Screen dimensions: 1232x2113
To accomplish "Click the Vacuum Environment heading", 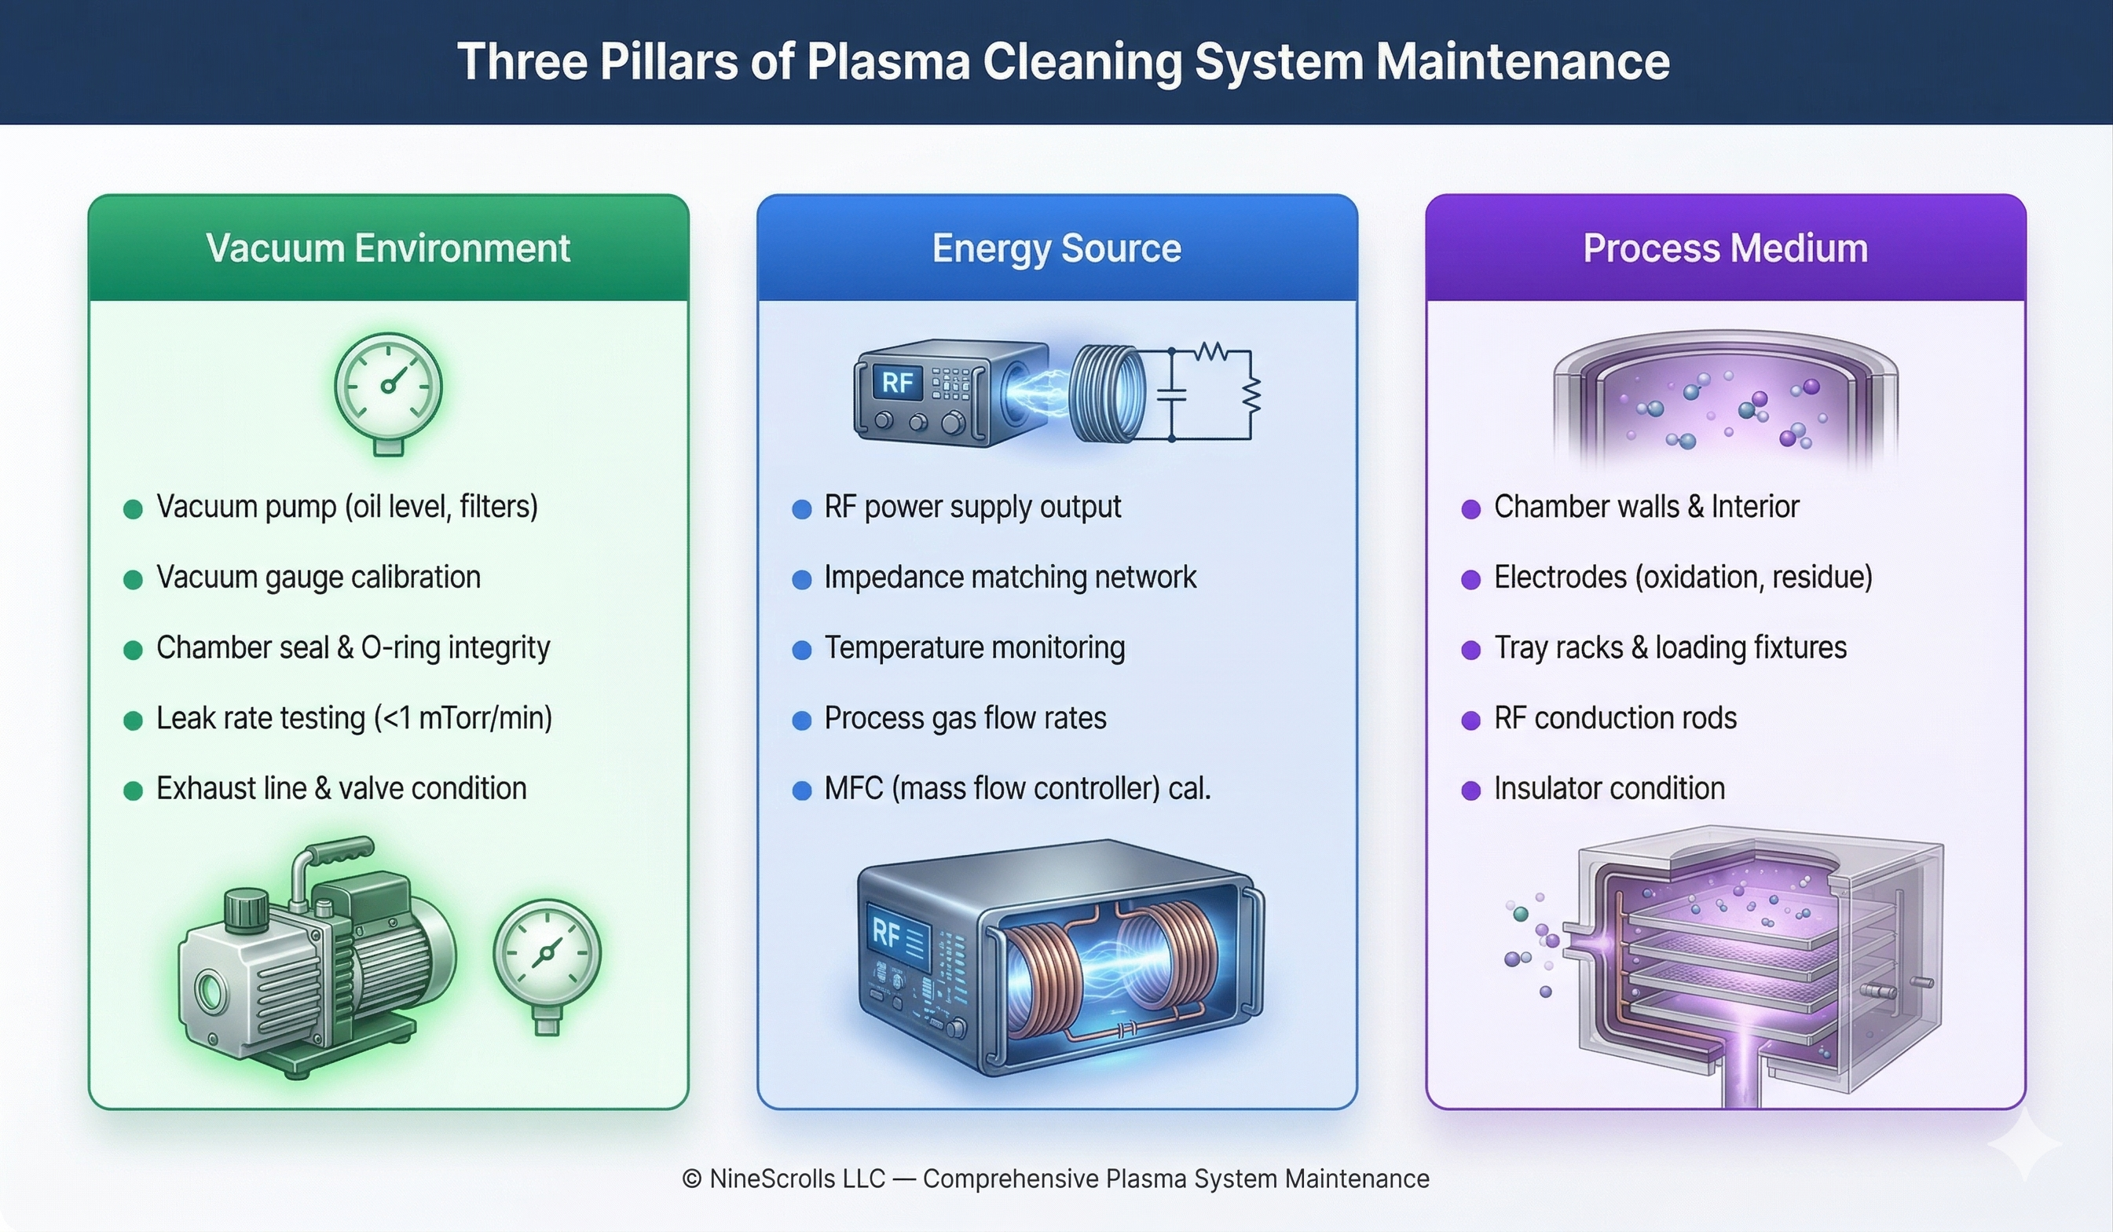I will point(387,248).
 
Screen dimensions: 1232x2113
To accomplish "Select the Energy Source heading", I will point(1056,248).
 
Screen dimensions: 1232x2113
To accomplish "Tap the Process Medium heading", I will point(1725,248).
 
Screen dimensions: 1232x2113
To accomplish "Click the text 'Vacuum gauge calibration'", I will point(318,577).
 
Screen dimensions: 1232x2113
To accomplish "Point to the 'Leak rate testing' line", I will point(353,718).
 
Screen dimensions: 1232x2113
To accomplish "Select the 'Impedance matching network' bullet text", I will point(1009,577).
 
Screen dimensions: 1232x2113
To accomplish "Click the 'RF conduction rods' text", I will point(1615,718).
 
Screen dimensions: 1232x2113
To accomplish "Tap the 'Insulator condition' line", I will point(1609,788).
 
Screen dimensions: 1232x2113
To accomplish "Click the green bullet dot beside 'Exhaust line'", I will point(133,791).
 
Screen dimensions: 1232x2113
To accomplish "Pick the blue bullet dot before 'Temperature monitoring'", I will point(801,650).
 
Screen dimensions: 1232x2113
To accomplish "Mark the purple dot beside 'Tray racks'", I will point(1470,650).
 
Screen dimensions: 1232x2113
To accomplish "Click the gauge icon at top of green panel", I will point(388,387).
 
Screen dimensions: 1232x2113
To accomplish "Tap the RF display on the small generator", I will point(897,383).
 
